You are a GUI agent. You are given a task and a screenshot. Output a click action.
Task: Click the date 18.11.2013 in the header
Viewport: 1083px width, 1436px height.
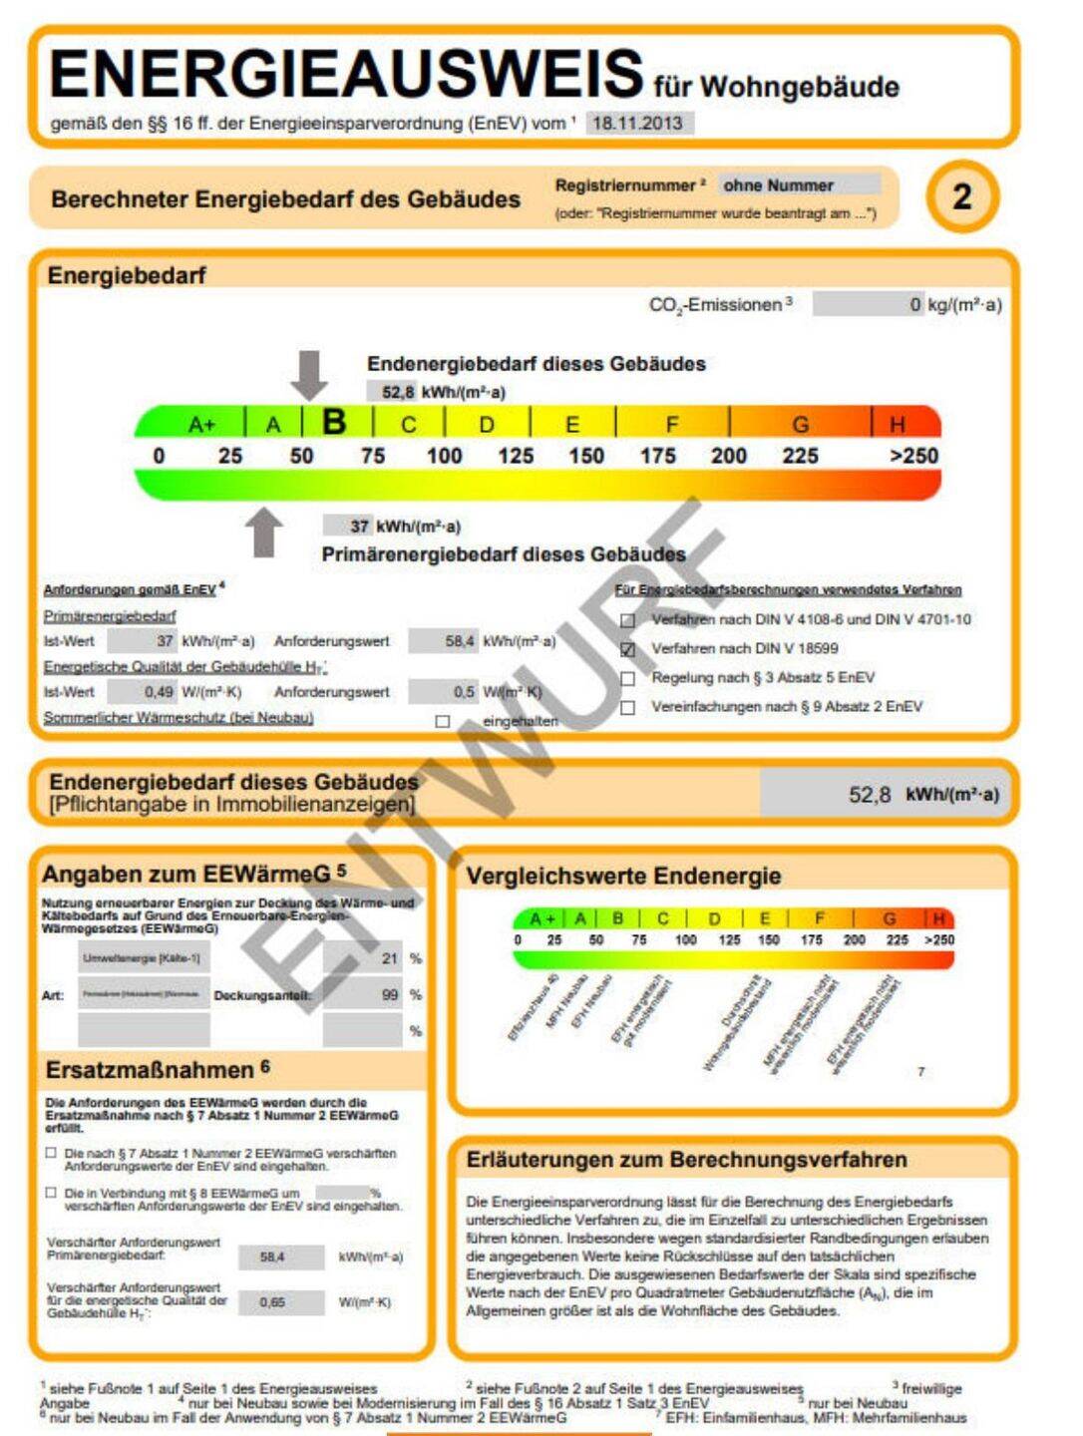coord(638,123)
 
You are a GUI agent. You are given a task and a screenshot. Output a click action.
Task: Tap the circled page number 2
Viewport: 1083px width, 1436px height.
coord(961,196)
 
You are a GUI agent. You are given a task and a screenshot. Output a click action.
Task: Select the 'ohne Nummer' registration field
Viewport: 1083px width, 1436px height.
coord(799,185)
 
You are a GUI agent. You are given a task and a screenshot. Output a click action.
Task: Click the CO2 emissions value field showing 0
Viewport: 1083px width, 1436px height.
coord(868,304)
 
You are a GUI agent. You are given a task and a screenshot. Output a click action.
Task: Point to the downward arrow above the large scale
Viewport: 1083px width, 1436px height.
coord(309,375)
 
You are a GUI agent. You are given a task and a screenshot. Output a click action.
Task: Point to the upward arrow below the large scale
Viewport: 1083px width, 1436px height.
coord(264,532)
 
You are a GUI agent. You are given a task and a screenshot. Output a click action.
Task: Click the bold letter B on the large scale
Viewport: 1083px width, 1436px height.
coord(335,422)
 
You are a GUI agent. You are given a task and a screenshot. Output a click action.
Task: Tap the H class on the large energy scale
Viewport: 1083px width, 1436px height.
coord(898,425)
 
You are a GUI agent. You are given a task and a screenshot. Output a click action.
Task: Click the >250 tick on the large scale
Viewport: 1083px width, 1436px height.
coord(913,456)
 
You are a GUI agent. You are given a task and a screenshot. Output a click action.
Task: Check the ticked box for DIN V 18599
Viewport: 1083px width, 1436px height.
coord(628,649)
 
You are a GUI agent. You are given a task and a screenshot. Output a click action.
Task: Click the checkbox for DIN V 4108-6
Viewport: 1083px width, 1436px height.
coord(628,620)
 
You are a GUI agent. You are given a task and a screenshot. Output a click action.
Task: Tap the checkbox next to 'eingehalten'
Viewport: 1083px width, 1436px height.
coord(443,721)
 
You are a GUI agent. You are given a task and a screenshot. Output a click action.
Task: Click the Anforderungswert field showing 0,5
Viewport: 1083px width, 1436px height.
coord(445,691)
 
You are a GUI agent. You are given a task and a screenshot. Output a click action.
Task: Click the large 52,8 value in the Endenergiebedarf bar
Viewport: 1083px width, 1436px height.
coord(869,795)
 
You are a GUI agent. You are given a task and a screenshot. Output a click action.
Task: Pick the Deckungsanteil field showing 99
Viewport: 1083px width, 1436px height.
coord(363,994)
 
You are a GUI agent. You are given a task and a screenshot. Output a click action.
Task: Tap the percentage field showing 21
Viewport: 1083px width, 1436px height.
coord(363,958)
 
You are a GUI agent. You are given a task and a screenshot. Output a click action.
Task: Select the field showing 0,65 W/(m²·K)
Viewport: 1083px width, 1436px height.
coord(283,1302)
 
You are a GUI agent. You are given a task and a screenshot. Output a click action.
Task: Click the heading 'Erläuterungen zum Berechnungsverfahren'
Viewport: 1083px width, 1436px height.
coord(686,1160)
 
